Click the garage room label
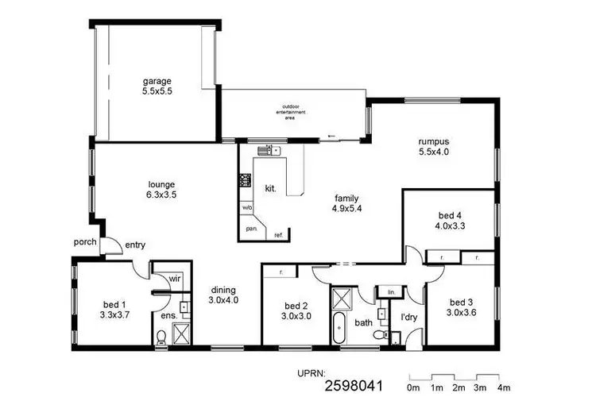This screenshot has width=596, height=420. point(157,81)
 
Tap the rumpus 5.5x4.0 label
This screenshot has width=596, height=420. point(434,143)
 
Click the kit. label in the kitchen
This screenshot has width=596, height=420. point(270,187)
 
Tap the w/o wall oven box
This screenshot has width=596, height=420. point(247,208)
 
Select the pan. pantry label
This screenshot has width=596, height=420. point(250,229)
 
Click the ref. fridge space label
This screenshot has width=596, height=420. point(278,235)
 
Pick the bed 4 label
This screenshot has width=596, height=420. point(450,214)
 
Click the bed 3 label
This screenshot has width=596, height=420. point(461,302)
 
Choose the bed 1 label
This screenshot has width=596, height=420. point(115,304)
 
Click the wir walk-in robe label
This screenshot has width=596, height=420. point(175,279)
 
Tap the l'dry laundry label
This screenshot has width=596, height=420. point(408,318)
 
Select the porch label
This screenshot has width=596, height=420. point(85,242)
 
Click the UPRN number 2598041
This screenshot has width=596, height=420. point(354,387)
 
